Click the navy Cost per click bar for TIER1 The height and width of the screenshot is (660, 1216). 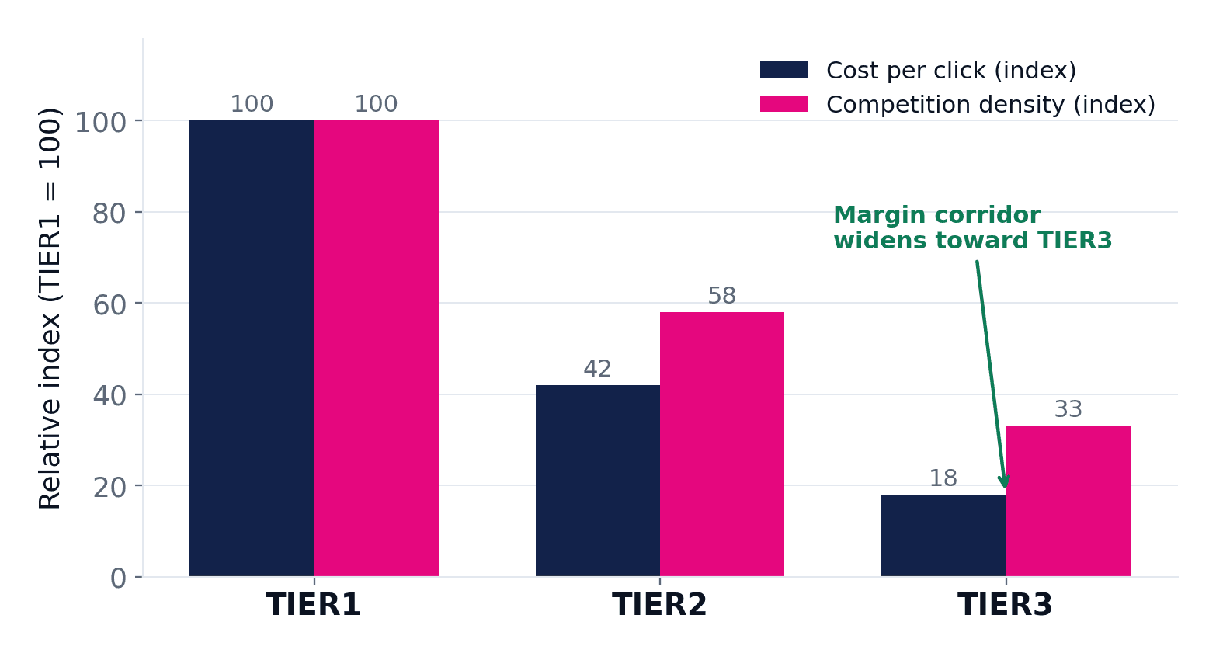[252, 348]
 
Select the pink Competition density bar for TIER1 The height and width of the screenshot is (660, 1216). [376, 348]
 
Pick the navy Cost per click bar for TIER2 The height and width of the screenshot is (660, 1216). [598, 481]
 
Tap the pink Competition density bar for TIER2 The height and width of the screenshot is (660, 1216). [722, 444]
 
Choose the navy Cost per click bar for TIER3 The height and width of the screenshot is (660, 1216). [943, 535]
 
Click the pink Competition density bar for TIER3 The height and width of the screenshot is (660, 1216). [1068, 501]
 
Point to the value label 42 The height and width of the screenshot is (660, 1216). [598, 369]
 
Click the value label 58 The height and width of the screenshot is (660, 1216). [722, 296]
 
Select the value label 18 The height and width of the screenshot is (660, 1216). [943, 478]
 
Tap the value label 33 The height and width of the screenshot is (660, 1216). [1068, 409]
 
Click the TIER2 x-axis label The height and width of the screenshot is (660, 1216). [659, 604]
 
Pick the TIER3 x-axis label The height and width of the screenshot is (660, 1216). [1006, 604]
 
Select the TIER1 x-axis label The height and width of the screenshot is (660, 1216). [313, 604]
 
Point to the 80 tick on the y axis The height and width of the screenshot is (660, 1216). [109, 214]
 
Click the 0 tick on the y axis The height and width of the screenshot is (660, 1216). [118, 578]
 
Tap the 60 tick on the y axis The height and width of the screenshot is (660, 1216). [109, 304]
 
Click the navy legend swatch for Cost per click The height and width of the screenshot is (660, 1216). [784, 69]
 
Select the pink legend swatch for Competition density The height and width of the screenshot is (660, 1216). [784, 104]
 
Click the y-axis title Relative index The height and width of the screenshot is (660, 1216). [50, 309]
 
